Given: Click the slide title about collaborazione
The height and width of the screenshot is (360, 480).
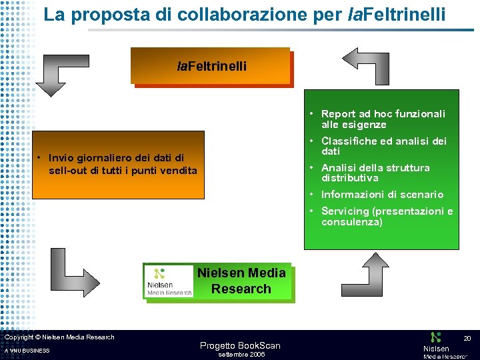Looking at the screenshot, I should (x=245, y=15).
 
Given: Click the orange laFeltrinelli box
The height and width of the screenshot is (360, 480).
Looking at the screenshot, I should (x=211, y=66).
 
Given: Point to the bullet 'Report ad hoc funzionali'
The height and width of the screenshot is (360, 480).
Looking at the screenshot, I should (x=383, y=119).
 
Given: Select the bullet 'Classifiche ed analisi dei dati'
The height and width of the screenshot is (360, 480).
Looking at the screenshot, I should (x=383, y=146).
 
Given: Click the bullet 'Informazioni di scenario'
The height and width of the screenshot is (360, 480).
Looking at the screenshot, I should (x=382, y=195).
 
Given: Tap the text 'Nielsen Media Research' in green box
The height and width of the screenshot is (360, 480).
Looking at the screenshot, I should (x=241, y=281).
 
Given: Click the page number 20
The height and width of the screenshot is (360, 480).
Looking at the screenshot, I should (x=467, y=339).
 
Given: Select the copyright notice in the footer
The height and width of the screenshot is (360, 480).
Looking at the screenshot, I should (x=59, y=337).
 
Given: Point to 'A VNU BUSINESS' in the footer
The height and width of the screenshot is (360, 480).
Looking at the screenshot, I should (x=27, y=351).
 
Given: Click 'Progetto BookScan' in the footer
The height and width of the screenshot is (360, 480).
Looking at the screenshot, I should (x=240, y=345).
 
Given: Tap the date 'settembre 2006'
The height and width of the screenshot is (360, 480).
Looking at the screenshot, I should (x=242, y=355).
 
